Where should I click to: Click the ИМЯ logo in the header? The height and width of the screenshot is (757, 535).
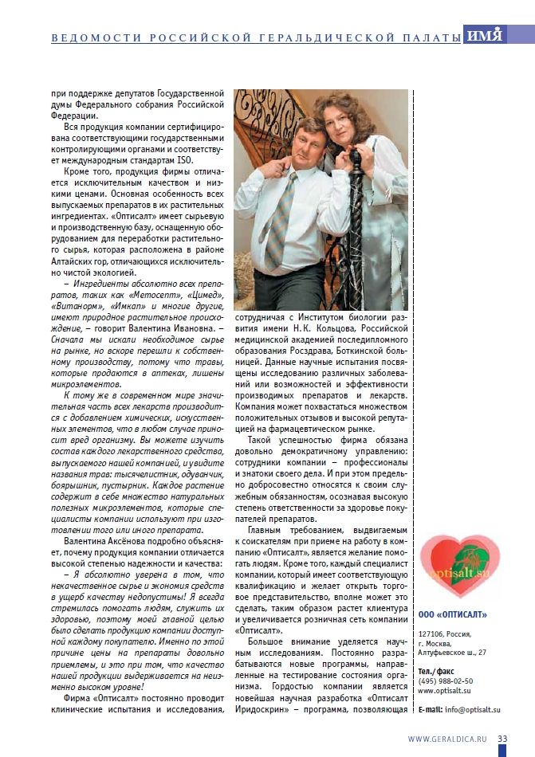point(486,36)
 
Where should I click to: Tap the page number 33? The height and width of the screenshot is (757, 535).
point(502,738)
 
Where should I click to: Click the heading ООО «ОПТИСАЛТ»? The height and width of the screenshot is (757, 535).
point(452,614)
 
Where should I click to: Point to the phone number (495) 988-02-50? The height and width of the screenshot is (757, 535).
point(446,681)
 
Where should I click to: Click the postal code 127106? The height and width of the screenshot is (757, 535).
point(431,633)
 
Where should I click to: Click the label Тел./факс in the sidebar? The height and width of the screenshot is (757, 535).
point(435,671)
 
